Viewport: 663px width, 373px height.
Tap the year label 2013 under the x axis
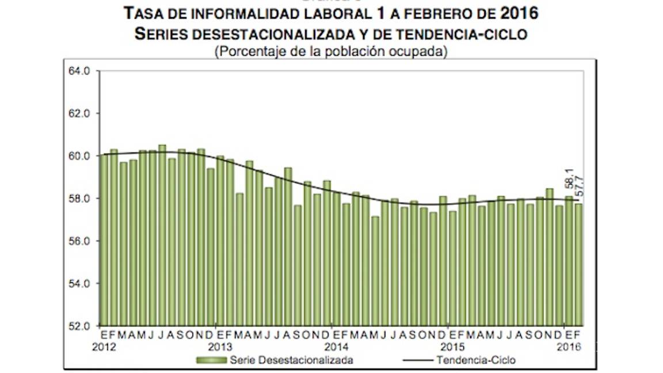[220, 348]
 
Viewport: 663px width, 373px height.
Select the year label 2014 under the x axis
[336, 348]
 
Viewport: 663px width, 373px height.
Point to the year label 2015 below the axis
[452, 348]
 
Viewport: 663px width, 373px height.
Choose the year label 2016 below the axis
[569, 348]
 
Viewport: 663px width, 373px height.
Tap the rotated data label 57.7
[578, 185]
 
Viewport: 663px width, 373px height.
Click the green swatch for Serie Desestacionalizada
[211, 360]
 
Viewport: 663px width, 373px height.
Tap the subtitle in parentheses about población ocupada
[331, 51]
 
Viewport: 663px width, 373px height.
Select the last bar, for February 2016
[578, 265]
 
